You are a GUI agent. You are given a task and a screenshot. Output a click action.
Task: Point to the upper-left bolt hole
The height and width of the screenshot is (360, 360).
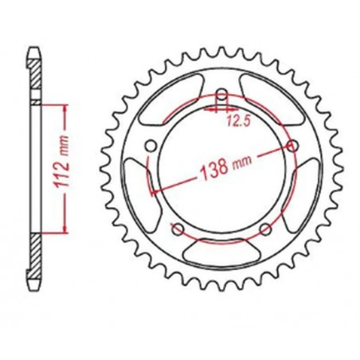[151, 145]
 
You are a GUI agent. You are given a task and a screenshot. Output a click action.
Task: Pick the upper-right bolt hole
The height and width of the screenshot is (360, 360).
[292, 145]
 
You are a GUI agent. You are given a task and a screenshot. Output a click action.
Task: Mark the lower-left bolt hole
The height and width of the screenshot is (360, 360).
[178, 229]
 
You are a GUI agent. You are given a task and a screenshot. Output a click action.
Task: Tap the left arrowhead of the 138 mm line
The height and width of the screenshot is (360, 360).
[153, 190]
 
